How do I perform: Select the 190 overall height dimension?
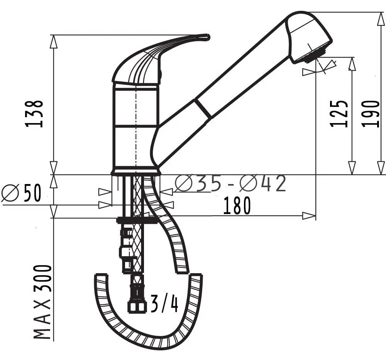coord(370,113)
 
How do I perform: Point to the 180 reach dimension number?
coord(237,206)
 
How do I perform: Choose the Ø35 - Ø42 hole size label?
coord(231,183)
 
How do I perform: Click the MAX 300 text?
coord(43,302)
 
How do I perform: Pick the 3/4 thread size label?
coord(164,303)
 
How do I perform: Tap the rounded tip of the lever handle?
coord(207,37)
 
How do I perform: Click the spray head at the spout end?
coord(308,38)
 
